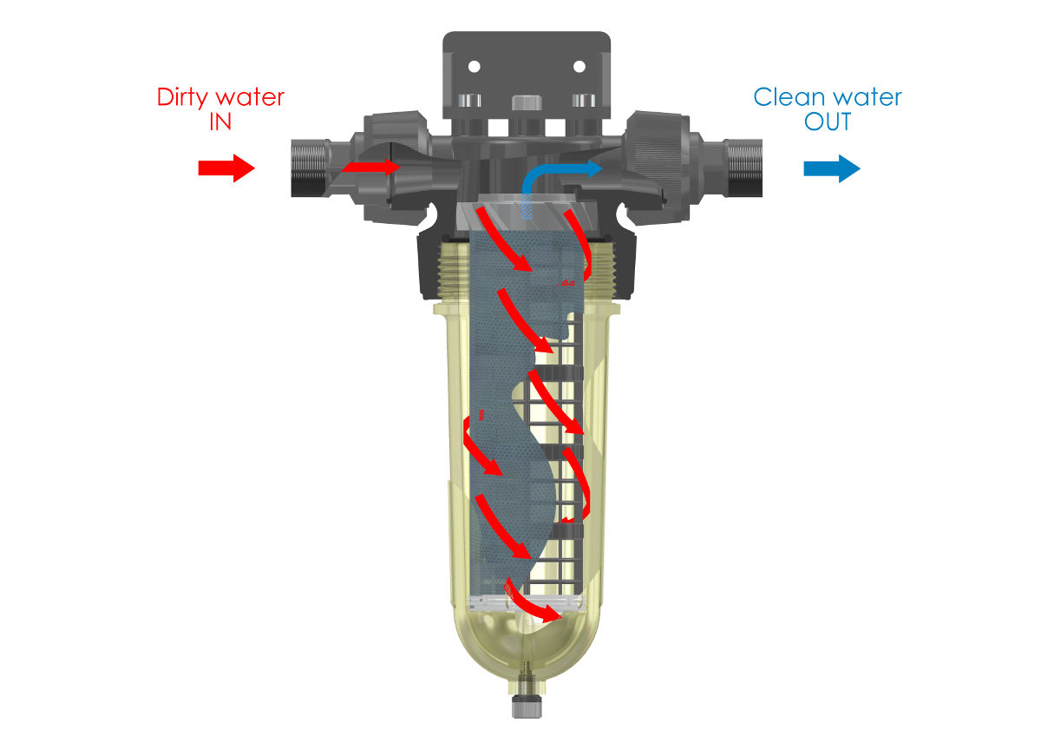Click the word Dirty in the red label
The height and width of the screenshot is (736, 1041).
click(182, 98)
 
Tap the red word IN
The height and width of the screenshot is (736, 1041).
click(220, 122)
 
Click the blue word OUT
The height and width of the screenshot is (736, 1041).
click(828, 122)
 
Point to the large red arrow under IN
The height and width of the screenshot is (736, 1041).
click(226, 168)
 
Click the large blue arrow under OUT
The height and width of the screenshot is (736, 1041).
click(832, 168)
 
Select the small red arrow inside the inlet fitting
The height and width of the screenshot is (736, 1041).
click(371, 167)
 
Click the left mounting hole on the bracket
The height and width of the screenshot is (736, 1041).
click(474, 67)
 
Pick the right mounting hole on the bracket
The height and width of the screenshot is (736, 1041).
click(579, 67)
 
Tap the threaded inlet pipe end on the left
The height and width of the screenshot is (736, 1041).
click(309, 168)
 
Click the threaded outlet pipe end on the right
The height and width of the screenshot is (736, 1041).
click(744, 168)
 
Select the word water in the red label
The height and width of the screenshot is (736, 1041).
click(250, 98)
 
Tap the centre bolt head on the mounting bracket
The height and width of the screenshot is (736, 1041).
click(527, 102)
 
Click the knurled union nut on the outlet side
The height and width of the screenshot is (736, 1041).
click(656, 168)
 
